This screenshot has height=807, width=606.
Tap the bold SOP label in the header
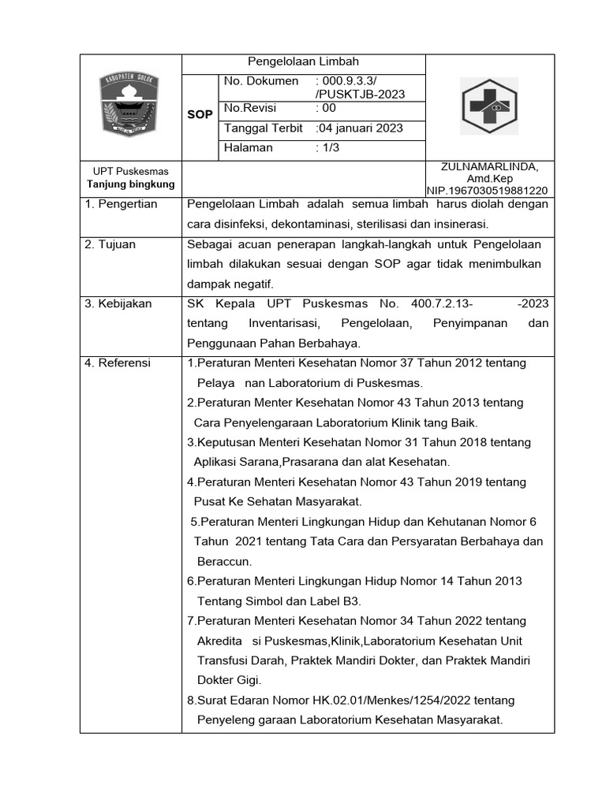pyautogui.click(x=200, y=114)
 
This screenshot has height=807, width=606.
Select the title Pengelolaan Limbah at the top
pyautogui.click(x=304, y=61)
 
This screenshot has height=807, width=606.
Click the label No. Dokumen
pyautogui.click(x=261, y=81)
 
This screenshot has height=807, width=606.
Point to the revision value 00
pyautogui.click(x=326, y=108)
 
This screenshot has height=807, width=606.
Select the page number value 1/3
pyautogui.click(x=327, y=147)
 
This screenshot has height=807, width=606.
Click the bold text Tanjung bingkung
pyautogui.click(x=130, y=184)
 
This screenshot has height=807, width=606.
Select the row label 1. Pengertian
pyautogui.click(x=122, y=204)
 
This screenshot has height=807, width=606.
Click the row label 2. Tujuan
pyautogui.click(x=110, y=244)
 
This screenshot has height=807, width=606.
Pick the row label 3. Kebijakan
pyautogui.click(x=118, y=303)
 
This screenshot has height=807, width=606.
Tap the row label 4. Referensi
pyautogui.click(x=118, y=363)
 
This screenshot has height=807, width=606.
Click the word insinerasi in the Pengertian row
pyautogui.click(x=458, y=224)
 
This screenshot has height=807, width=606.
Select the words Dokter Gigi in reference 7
pyautogui.click(x=229, y=679)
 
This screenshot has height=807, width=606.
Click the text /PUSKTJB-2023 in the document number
pyautogui.click(x=360, y=95)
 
